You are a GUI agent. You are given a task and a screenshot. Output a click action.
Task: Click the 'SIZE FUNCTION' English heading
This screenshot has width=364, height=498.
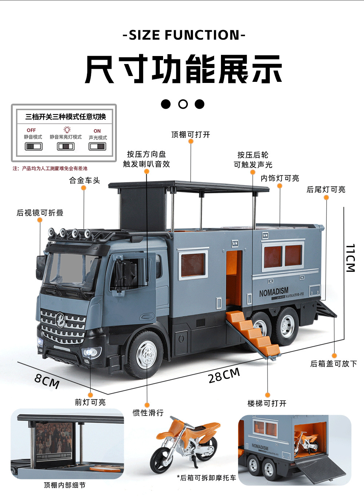[x=184, y=35]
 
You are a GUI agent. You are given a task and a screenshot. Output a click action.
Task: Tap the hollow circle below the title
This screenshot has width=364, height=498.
[x=183, y=104]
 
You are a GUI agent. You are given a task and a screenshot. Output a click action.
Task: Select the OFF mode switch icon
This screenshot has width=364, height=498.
[x=33, y=146]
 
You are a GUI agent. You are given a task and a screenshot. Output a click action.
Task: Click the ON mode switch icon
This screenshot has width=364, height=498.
[x=98, y=146]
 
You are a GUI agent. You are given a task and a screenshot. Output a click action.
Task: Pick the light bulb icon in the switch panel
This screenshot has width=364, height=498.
[x=67, y=130]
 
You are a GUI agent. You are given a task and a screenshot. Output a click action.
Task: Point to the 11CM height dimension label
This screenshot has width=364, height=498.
[x=350, y=258]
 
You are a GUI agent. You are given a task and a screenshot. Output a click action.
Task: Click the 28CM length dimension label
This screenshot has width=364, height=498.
[x=224, y=375]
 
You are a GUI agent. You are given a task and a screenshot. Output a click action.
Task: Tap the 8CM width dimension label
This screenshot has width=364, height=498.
[x=47, y=381]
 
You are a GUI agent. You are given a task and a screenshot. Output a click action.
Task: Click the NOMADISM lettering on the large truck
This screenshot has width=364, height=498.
[x=274, y=292]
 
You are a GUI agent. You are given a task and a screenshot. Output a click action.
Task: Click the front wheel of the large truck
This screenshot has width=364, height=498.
[x=146, y=354]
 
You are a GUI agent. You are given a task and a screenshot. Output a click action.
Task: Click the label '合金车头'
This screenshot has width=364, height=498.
[x=84, y=180]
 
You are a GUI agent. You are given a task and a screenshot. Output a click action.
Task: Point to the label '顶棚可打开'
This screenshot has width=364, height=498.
[x=191, y=135]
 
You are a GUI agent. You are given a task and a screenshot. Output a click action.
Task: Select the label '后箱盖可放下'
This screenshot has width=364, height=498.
[x=333, y=363]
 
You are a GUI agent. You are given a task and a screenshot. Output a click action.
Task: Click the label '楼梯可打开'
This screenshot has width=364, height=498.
[x=267, y=403]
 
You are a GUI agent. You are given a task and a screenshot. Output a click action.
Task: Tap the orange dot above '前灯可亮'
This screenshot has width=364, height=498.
[x=90, y=395]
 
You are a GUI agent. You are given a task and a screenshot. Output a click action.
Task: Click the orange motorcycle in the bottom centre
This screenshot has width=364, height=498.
[x=186, y=443]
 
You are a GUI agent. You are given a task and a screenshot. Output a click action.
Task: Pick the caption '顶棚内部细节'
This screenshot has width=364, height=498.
[x=65, y=485]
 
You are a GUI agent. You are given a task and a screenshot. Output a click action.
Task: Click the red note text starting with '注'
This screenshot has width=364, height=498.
[x=50, y=168]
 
